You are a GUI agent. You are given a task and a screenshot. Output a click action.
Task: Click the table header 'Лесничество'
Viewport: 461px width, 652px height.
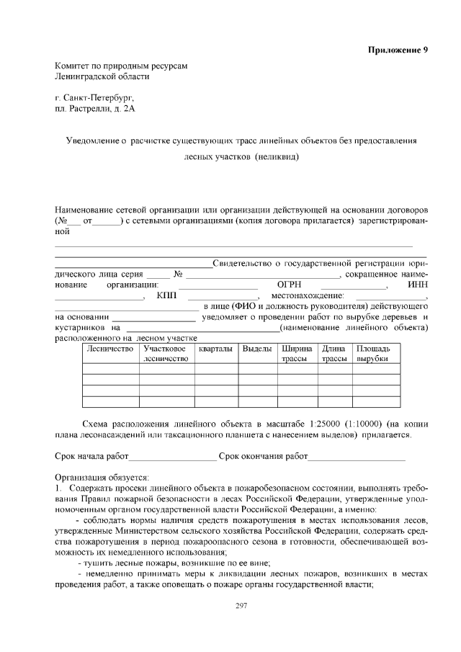(x=110, y=349)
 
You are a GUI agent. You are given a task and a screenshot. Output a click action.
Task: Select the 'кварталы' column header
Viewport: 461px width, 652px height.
(x=215, y=349)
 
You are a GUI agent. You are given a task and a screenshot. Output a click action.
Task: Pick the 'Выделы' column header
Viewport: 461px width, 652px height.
(x=257, y=349)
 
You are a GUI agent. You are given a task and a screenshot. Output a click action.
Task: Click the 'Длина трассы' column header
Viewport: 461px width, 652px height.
(x=334, y=353)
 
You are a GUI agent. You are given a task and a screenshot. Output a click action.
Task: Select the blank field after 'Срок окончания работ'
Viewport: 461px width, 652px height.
(x=357, y=457)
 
